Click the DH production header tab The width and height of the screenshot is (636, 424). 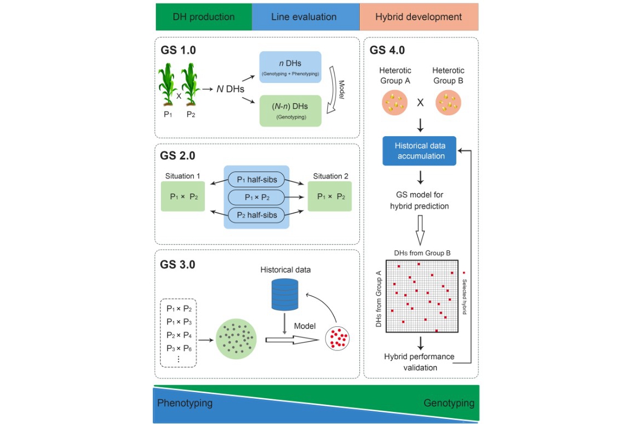coord(203,16)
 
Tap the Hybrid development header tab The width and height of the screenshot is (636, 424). coord(419,16)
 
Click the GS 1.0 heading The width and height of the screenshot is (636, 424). coord(178,50)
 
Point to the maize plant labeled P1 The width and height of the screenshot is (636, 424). coord(167,86)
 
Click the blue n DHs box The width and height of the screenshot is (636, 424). coord(289,68)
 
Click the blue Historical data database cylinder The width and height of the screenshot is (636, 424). coord(284,294)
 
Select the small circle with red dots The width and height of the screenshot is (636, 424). coord(337,339)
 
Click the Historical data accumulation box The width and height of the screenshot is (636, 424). coord(420,151)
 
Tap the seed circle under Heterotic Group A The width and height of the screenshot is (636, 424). coord(395,103)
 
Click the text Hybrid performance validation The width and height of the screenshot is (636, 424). coord(420,362)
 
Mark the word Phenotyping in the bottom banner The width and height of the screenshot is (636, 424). coord(185,403)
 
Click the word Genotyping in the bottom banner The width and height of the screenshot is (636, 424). coord(449,403)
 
